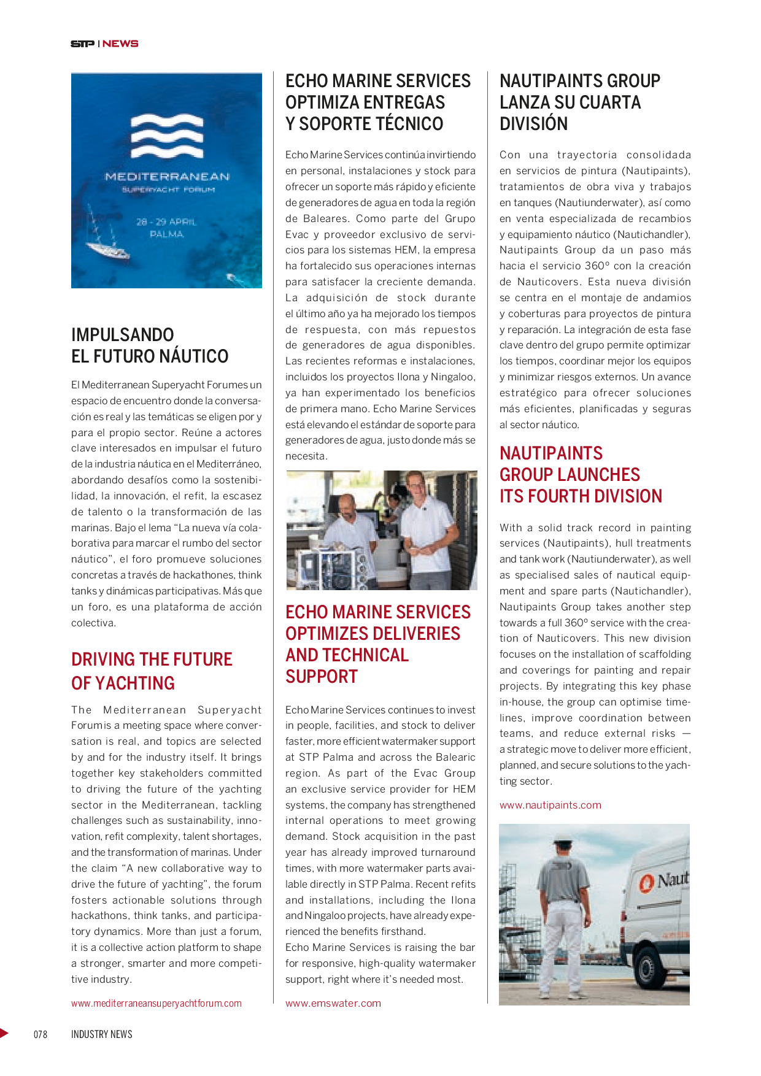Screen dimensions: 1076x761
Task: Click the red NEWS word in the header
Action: point(120,44)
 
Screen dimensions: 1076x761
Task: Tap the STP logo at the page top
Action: point(82,44)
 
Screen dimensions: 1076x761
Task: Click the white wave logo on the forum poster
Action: point(167,136)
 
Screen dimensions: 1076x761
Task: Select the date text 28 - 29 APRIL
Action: point(166,221)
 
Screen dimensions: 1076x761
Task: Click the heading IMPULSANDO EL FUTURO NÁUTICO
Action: point(150,345)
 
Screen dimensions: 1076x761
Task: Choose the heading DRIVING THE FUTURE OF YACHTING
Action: point(152,671)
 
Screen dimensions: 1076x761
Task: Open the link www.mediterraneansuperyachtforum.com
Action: point(156,1004)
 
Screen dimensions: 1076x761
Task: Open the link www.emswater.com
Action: point(333,1004)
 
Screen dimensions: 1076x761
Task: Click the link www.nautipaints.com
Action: point(550,805)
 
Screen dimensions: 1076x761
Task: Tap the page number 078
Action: point(41,1034)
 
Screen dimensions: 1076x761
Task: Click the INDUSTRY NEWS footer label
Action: point(102,1034)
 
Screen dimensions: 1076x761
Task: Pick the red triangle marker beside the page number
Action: point(4,1033)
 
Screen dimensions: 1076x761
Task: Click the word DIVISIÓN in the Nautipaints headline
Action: point(533,124)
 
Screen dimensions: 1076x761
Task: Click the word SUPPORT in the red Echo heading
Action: point(322,677)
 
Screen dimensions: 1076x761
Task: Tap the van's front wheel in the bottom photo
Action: point(647,968)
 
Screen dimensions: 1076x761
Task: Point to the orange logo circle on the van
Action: point(646,883)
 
